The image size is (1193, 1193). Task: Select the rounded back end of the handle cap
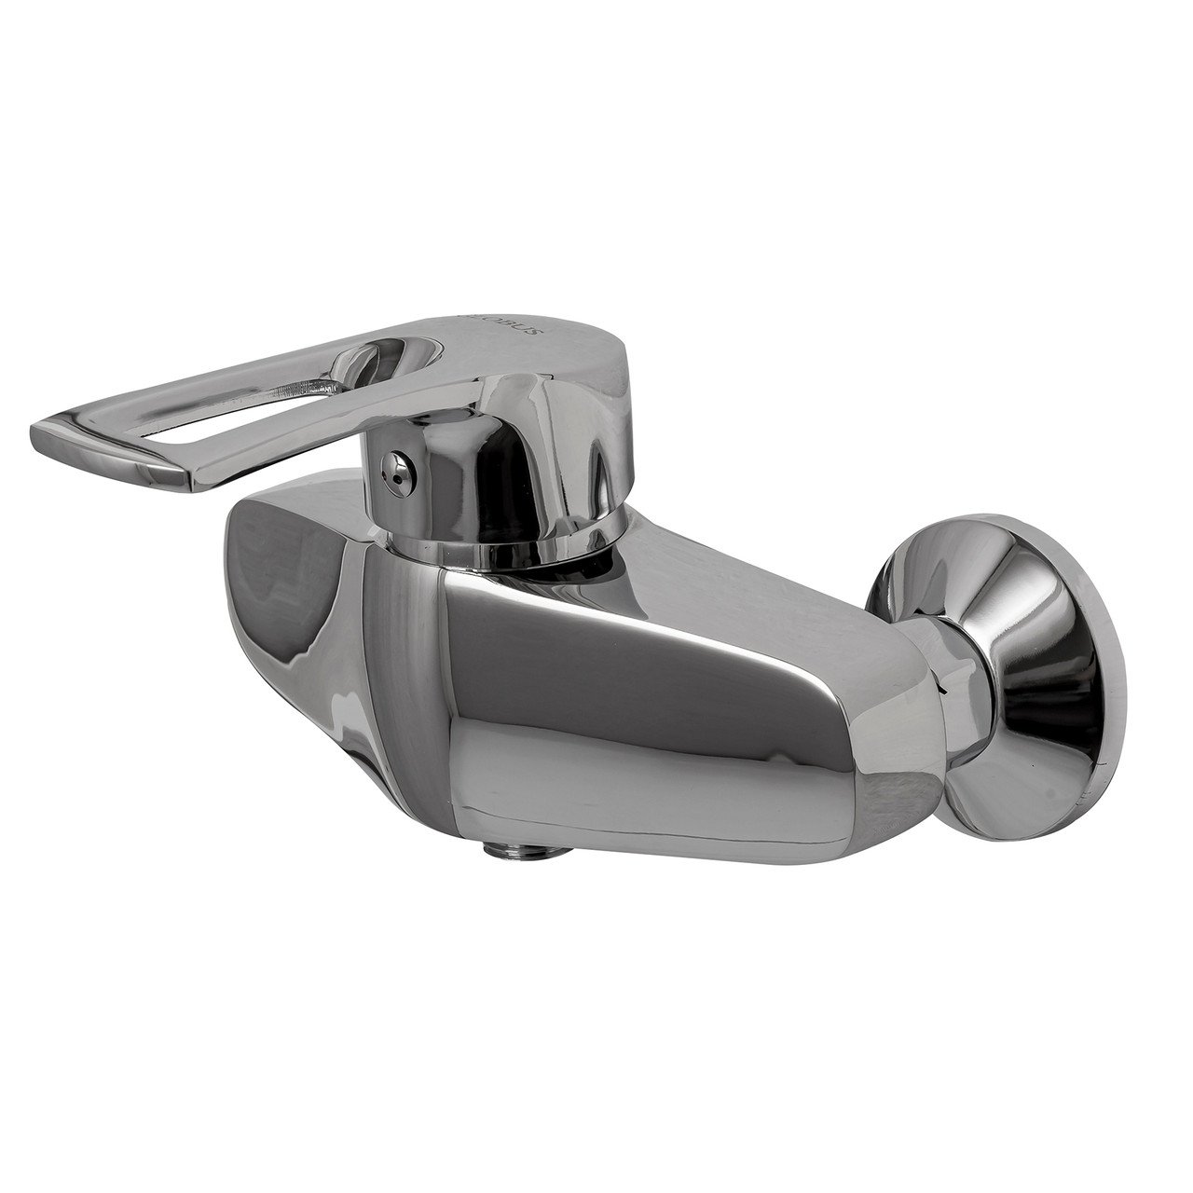(x=596, y=373)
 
